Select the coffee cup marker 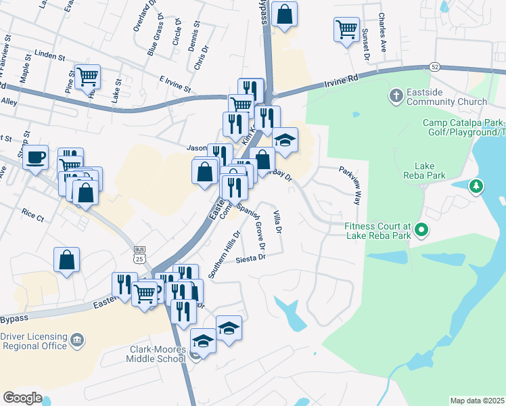36,158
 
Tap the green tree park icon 477,185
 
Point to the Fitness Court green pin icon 421,231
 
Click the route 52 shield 434,66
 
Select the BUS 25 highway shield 139,254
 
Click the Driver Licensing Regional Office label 34,342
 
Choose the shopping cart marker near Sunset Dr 346,30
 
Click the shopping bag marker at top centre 285,15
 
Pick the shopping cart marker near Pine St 88,76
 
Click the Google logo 22,397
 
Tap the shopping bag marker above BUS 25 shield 67,261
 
